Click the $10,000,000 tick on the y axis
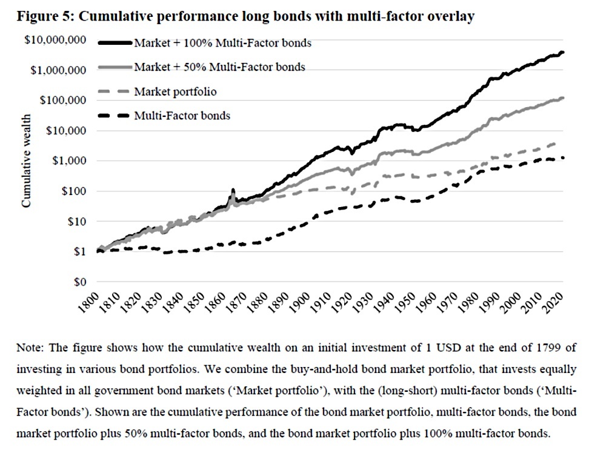(55, 40)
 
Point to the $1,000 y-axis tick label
(69, 161)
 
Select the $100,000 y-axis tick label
(62, 101)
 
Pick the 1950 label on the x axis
(405, 302)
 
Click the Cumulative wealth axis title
(26, 161)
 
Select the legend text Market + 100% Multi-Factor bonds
(223, 43)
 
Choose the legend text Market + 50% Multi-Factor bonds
(220, 67)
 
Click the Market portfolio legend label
(175, 91)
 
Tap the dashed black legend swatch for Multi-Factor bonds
(115, 116)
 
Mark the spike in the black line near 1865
(233, 190)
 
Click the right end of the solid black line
(562, 52)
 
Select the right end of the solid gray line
(562, 98)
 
